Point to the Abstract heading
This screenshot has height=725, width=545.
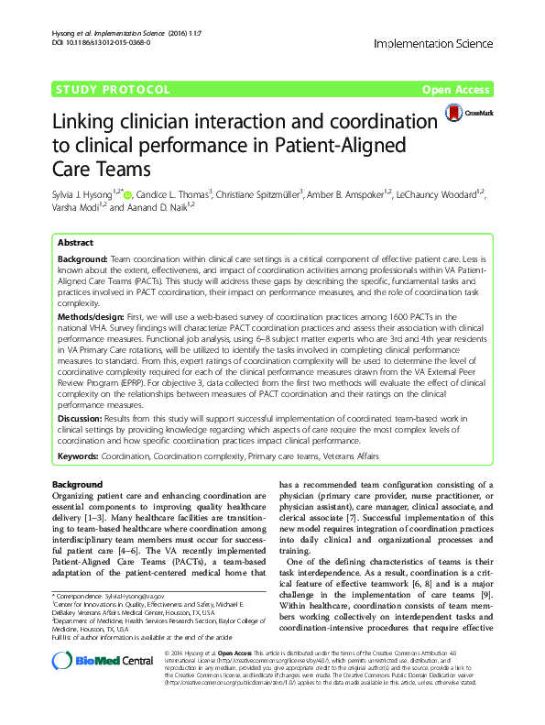click(x=76, y=244)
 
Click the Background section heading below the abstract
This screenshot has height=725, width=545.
click(x=77, y=484)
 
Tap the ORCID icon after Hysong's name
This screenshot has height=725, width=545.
click(x=127, y=194)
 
